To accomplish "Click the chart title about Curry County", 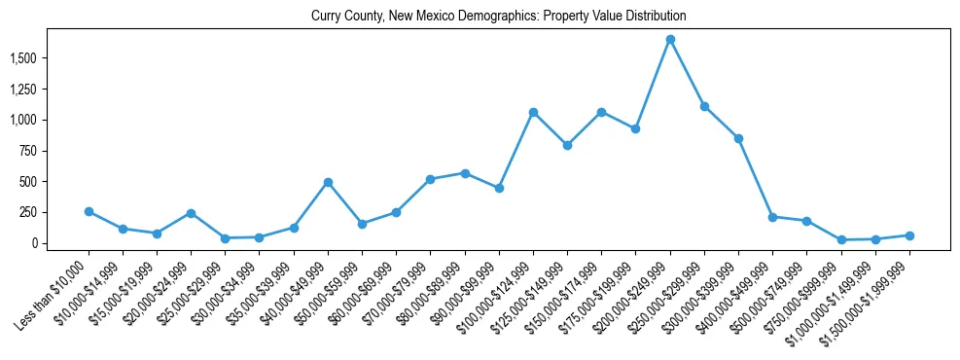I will coord(498,17).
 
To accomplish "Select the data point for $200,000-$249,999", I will coord(670,40).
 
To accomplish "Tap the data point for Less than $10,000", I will coord(89,211).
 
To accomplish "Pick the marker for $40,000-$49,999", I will coord(328,182).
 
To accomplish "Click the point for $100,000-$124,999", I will coord(533,113).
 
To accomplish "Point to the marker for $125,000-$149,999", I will coord(567,145).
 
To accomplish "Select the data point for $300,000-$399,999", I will coord(738,138).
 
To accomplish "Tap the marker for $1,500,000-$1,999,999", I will coord(909,235).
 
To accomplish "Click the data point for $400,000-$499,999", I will coord(772,217).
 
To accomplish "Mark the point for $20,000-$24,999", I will coord(192,213).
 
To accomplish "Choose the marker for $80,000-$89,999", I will coord(465,173).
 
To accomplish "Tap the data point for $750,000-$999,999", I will coord(841,239).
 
